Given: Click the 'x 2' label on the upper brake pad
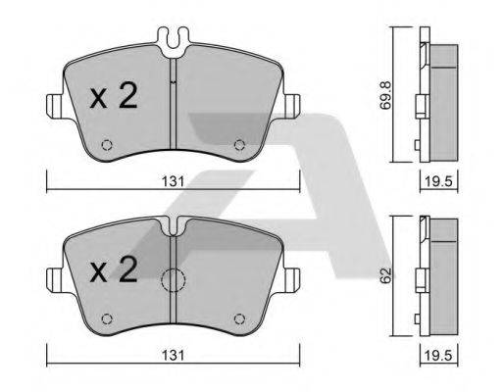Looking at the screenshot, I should (113, 98).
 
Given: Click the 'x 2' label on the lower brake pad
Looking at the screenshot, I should (113, 271).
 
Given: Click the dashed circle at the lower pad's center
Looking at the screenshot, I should (173, 281).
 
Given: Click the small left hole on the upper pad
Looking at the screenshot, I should (108, 146).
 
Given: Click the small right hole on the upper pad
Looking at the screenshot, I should (238, 146).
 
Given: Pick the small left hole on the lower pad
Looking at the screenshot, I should (108, 318).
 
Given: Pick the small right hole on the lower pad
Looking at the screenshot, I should (238, 318).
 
